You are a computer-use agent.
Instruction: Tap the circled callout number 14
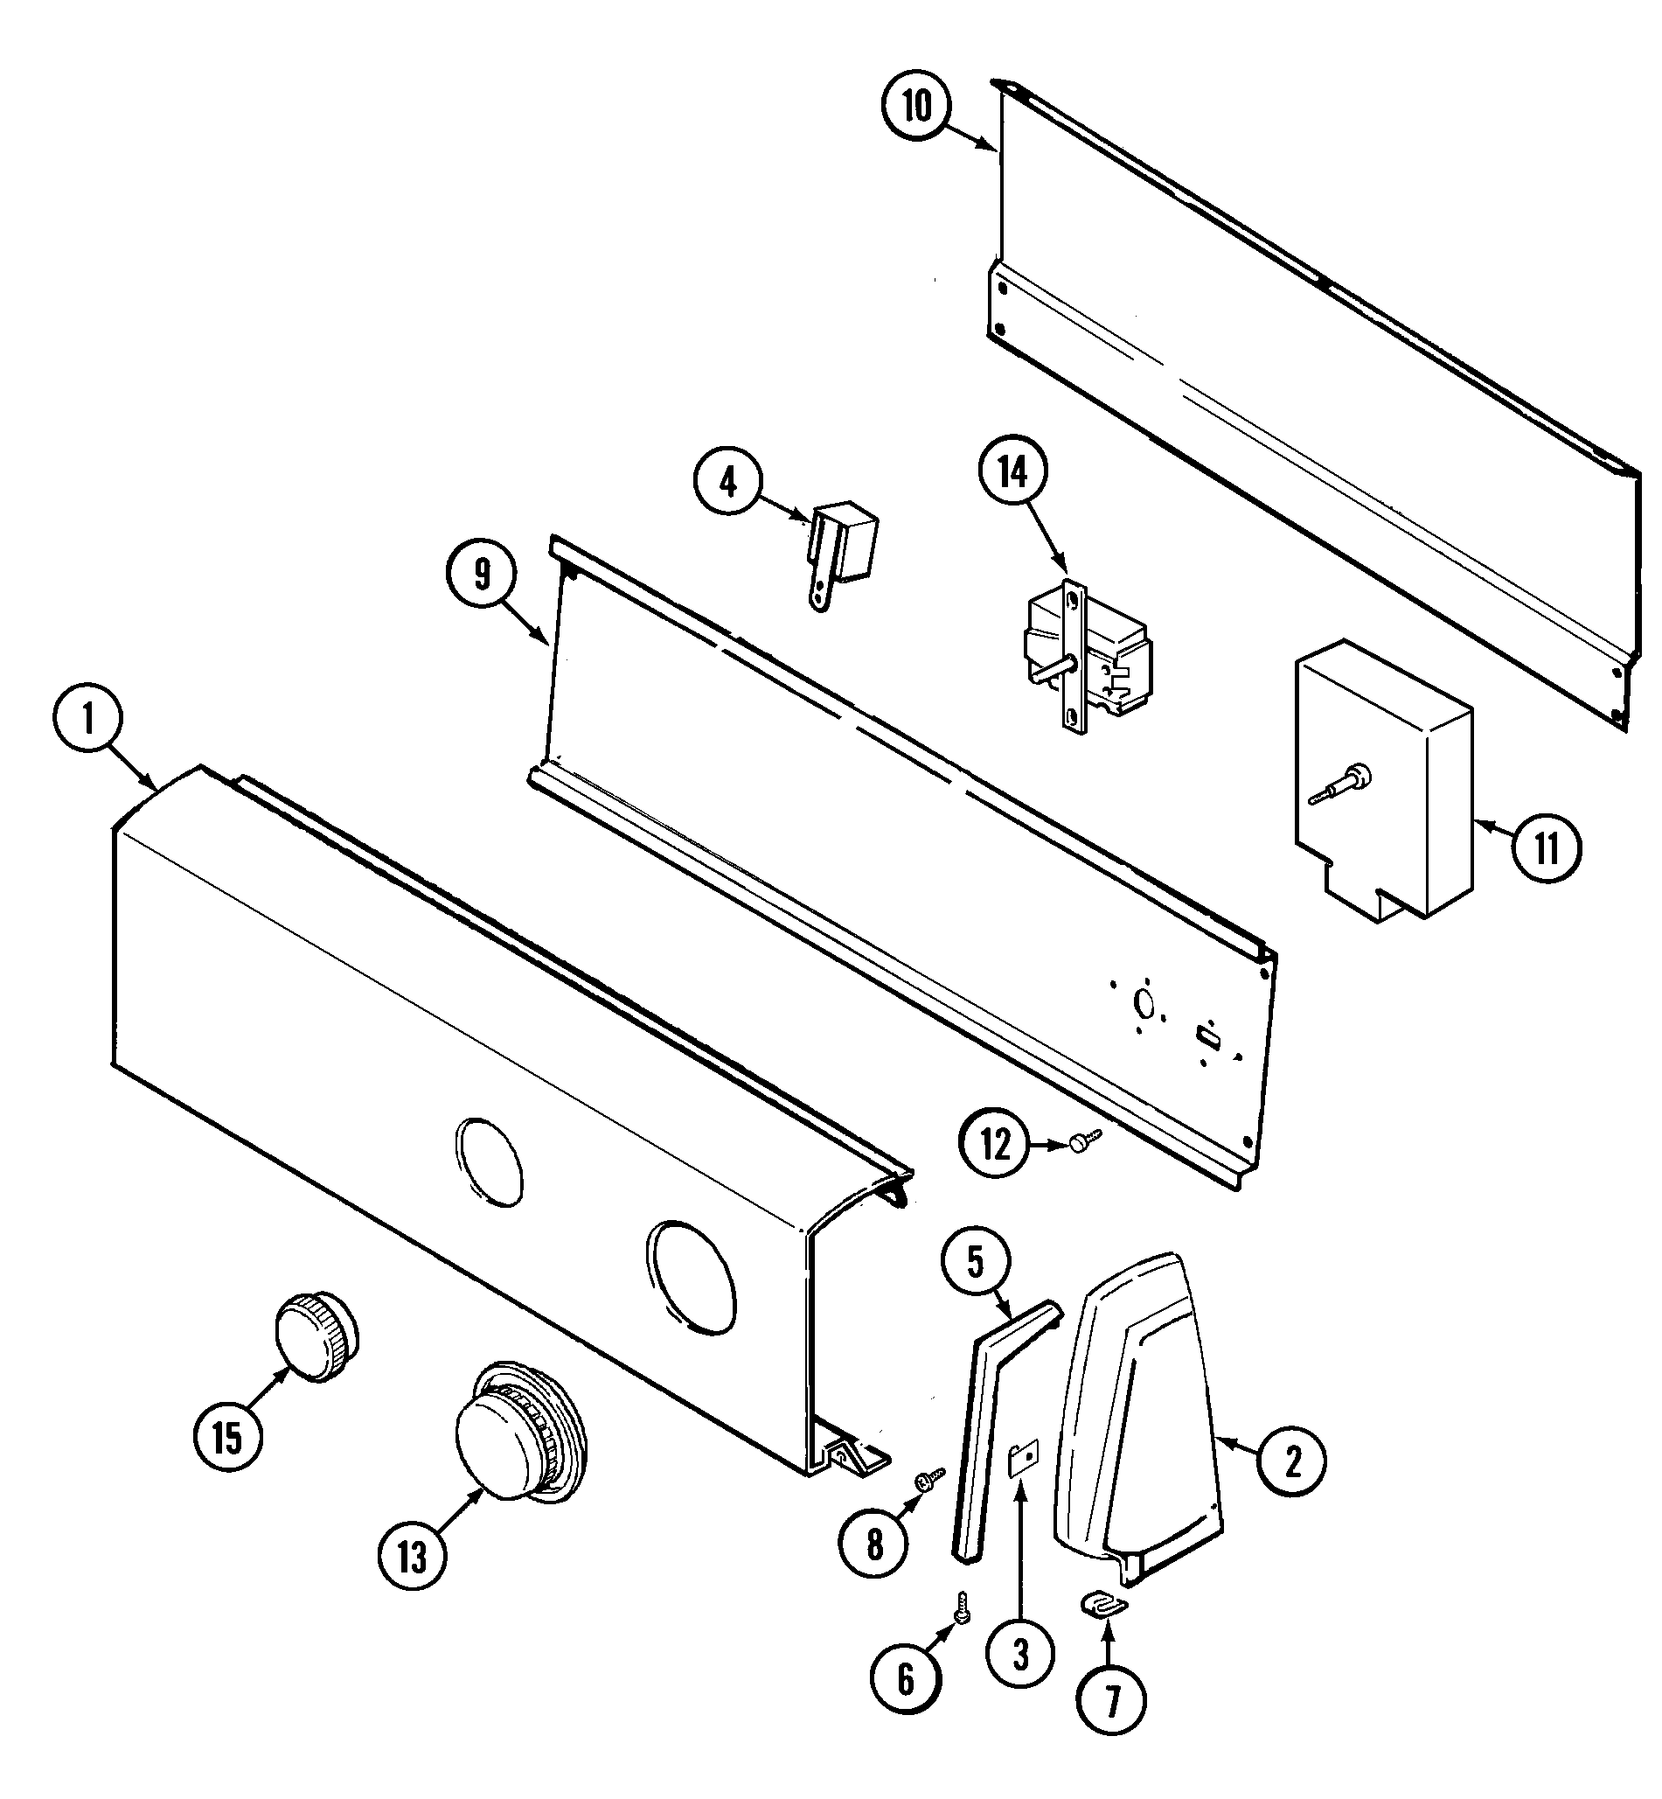coord(1013,473)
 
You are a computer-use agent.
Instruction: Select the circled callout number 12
coord(996,1145)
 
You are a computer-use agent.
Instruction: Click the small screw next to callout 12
coord(1083,1141)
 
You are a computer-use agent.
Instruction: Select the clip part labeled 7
coord(1104,1604)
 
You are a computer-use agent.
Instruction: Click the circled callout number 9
coord(482,574)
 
